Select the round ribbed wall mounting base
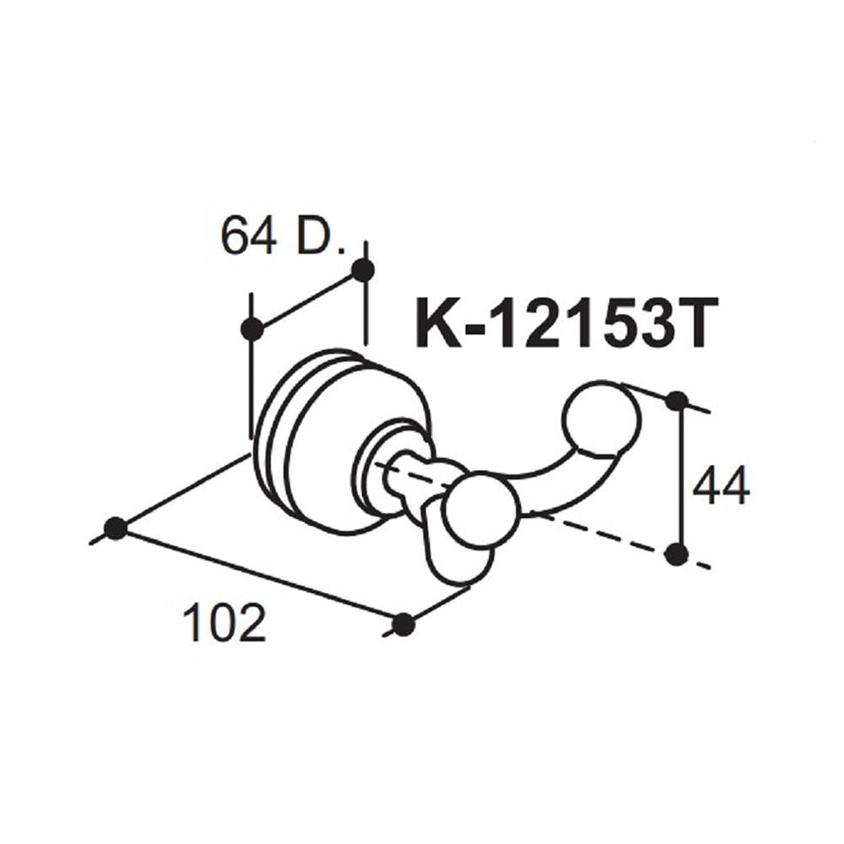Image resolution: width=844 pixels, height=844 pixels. (x=312, y=439)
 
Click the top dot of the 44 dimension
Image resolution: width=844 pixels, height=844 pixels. (x=675, y=400)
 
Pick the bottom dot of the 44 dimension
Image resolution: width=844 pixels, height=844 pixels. (x=675, y=554)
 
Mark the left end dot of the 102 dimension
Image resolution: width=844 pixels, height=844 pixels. (x=115, y=528)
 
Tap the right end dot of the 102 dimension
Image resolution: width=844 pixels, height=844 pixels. (x=404, y=625)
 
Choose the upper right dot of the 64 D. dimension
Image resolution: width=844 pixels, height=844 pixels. (x=363, y=271)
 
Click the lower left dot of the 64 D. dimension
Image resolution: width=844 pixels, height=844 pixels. (x=252, y=328)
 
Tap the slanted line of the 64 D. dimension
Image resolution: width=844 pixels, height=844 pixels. (x=307, y=300)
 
